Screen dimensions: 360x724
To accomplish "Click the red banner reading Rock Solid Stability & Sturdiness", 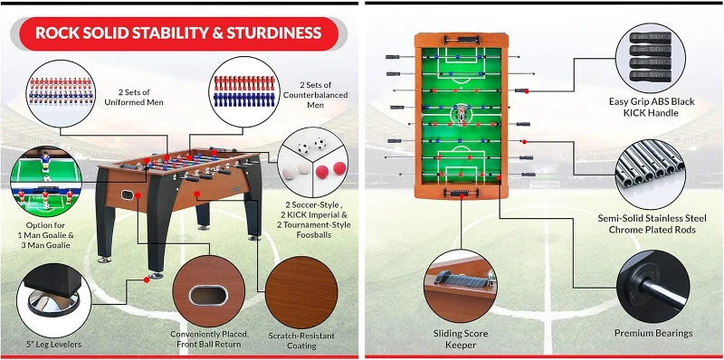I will pyautogui.click(x=177, y=33).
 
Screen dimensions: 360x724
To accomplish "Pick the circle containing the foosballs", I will pyautogui.click(x=309, y=161).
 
